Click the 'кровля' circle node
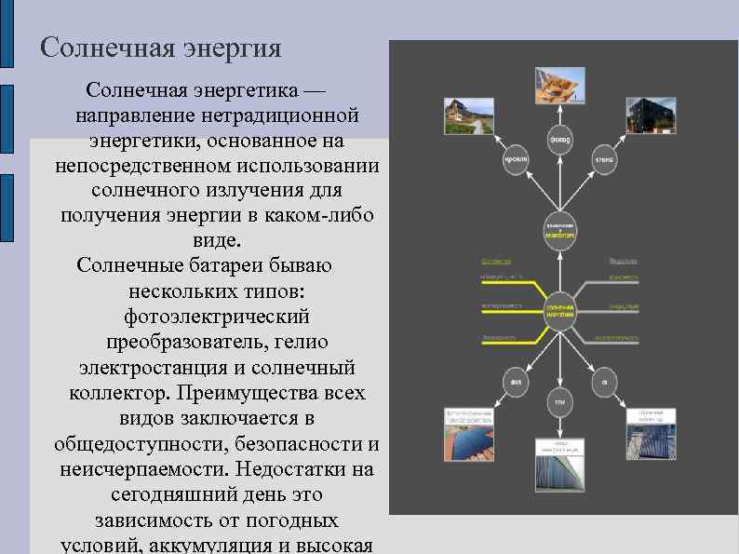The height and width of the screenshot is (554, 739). (x=517, y=159)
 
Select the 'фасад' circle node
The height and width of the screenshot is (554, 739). (x=559, y=140)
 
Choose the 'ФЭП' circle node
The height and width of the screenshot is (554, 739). (x=517, y=381)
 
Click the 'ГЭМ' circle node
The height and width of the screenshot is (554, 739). (x=559, y=401)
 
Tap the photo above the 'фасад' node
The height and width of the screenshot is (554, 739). (x=559, y=86)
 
